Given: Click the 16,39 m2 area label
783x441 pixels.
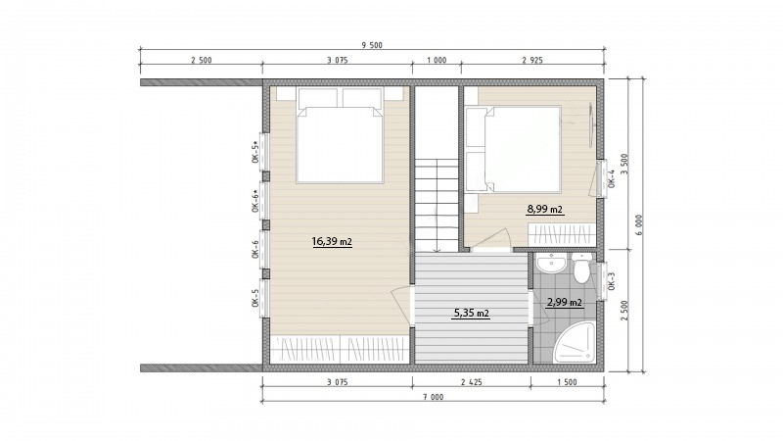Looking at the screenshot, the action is coord(332,242).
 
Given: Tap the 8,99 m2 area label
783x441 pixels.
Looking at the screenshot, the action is coord(545,209).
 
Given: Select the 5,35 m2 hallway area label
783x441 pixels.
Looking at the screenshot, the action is coord(472,314).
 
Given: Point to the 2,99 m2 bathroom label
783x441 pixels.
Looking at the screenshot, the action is coord(565,302).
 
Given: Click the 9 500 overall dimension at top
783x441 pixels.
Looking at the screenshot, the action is coord(372,45).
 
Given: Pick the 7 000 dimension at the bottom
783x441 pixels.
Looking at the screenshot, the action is coord(434,398).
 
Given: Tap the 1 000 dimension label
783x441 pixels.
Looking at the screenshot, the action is coord(437,61).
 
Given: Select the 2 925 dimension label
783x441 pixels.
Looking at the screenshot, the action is coord(532,61).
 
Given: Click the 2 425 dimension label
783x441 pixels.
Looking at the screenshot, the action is coord(472,382).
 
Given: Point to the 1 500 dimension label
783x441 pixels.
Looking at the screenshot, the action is coord(568,382).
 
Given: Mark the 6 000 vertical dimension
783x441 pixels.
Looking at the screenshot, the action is coord(640,225).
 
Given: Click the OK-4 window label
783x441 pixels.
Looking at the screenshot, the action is coord(613,179).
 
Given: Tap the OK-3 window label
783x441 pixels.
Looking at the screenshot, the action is coord(613,281).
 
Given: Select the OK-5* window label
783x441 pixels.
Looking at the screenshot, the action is coord(255,152).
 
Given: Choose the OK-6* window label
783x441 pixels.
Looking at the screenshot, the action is coord(255,201).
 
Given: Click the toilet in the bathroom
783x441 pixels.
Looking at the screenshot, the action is coord(581,268).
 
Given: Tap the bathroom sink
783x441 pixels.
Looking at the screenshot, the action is coord(552,263).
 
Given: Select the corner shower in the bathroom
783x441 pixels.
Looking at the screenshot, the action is coord(576,342).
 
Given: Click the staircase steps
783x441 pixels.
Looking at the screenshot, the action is coord(437,205).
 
